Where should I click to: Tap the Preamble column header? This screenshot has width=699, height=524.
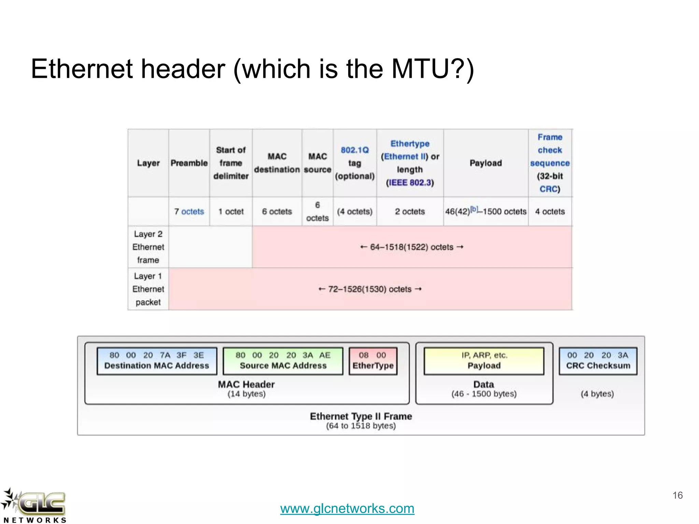click(x=189, y=163)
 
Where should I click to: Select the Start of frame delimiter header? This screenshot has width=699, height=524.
click(x=231, y=163)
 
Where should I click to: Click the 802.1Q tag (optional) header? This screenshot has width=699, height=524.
click(x=355, y=163)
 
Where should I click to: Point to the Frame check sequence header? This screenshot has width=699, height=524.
click(x=550, y=163)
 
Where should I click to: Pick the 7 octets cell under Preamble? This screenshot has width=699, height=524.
click(x=189, y=212)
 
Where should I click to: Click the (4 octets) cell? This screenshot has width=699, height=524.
click(x=355, y=212)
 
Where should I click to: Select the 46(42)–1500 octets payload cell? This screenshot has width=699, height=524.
click(x=485, y=212)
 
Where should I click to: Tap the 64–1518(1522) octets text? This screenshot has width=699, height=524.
click(x=412, y=247)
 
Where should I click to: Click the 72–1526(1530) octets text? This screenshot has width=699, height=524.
click(x=370, y=289)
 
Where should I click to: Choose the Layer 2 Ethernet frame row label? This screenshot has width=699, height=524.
click(x=148, y=247)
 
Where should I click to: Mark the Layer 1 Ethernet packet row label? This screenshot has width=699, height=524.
click(x=148, y=289)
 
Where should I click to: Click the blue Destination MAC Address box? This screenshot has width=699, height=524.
click(x=157, y=361)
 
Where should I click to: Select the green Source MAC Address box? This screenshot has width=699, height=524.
click(x=283, y=361)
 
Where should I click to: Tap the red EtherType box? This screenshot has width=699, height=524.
click(x=373, y=361)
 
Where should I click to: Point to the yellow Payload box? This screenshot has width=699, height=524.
click(x=484, y=361)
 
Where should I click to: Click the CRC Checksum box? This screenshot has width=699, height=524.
click(x=598, y=361)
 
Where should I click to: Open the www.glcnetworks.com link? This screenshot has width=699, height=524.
click(x=347, y=509)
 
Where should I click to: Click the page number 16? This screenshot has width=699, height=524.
click(x=677, y=495)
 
